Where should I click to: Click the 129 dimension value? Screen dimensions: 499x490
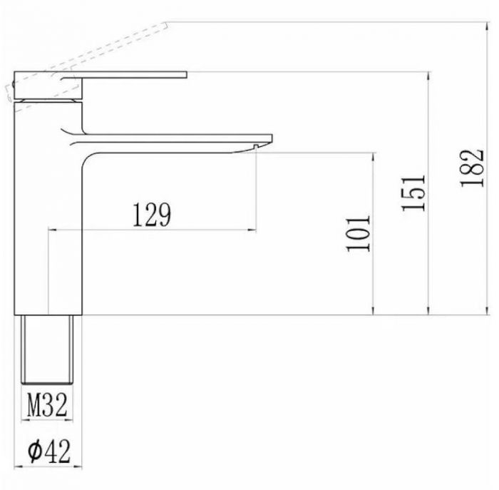point(152,214)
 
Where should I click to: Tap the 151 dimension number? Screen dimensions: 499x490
point(413,193)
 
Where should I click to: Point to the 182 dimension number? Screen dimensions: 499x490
point(472,168)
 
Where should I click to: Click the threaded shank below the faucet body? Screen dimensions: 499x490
point(47,349)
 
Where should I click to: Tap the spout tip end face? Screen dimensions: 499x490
point(272,138)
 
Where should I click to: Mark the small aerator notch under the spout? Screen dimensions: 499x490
point(255,146)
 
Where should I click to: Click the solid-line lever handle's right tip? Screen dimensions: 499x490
point(187,74)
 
